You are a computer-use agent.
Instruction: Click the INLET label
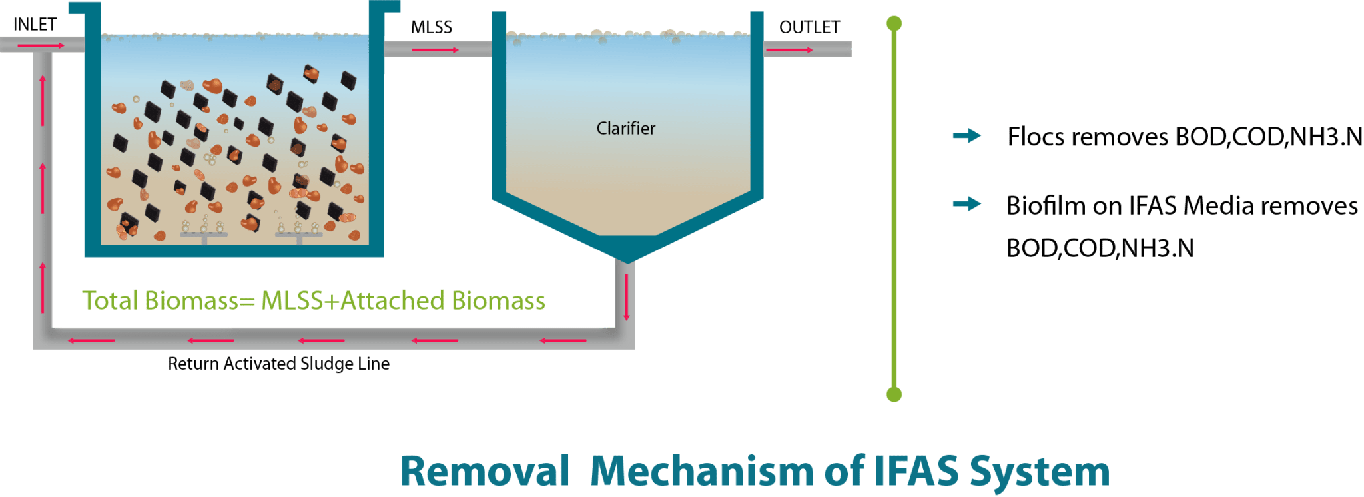pos(35,25)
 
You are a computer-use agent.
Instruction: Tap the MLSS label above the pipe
pos(431,27)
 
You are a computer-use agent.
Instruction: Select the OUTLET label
pos(809,27)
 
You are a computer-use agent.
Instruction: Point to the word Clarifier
pos(625,128)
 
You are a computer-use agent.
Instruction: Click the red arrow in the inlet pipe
pos(41,45)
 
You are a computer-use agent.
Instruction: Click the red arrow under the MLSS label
pos(435,50)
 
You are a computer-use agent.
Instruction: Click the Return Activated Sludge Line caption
pos(278,364)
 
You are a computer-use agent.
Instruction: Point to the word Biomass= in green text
pos(199,301)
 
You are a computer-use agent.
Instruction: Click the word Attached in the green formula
pos(392,301)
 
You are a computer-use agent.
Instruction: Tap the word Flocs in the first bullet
pos(1036,137)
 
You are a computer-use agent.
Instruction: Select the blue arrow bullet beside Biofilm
pos(966,204)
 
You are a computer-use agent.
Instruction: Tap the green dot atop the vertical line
pos(894,24)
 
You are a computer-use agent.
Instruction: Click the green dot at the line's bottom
pos(894,394)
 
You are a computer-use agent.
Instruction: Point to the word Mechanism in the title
pos(702,472)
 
